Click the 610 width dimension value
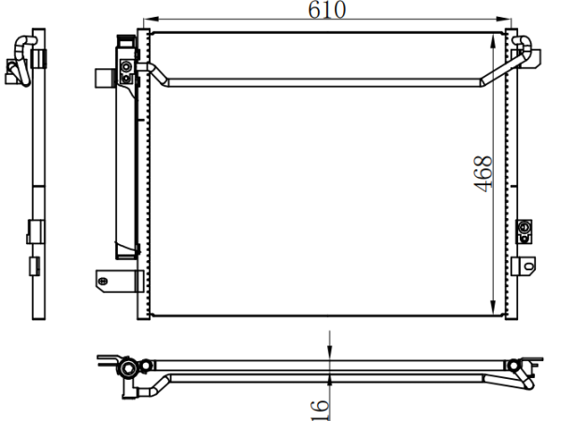[326, 9]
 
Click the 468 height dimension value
[482, 174]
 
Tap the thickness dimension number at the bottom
[319, 411]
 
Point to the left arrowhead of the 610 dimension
[151, 19]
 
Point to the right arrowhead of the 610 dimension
[504, 19]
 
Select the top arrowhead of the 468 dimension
[493, 41]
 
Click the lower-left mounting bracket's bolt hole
[103, 281]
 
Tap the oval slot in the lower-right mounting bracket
[529, 266]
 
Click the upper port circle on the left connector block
[126, 66]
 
